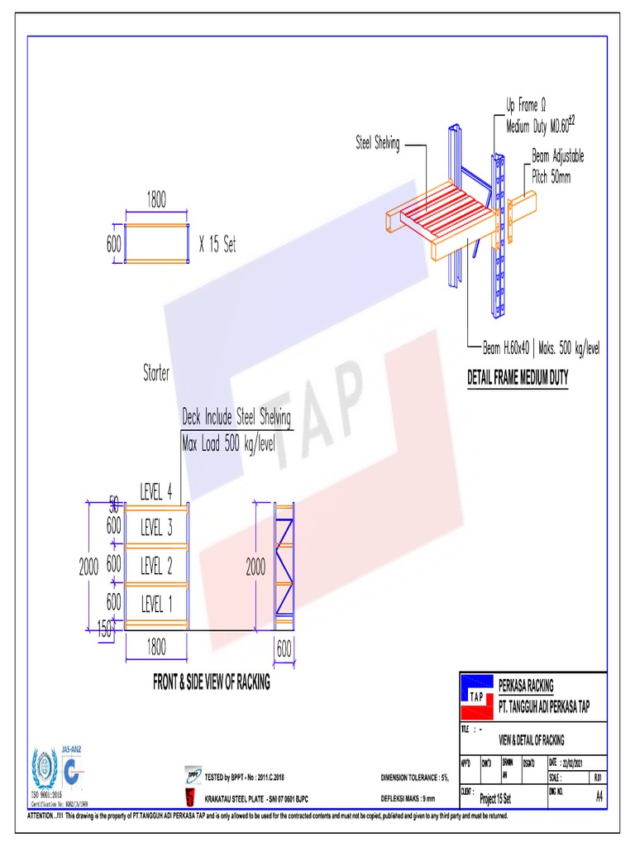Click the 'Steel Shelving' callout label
377,144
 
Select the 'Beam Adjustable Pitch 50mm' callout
557,166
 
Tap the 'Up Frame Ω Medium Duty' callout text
540,117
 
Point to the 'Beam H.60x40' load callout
542,349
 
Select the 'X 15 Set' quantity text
217,246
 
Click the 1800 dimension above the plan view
157,200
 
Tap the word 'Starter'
156,374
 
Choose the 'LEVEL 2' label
156,567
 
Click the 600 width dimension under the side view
284,650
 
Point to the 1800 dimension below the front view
156,648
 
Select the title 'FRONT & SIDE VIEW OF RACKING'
212,683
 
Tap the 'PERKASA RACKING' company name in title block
526,686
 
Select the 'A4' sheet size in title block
599,797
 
